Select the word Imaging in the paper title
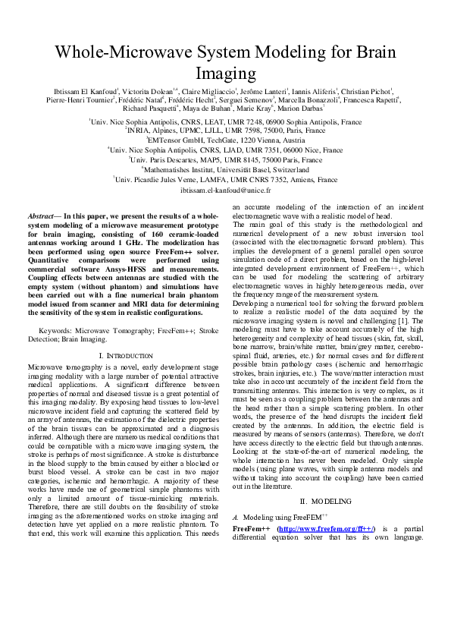click(226, 73)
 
